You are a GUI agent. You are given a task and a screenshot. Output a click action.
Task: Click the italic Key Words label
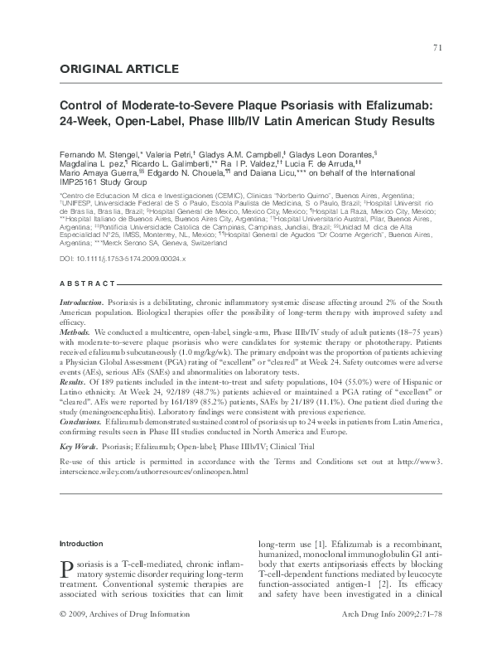[80, 445]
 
